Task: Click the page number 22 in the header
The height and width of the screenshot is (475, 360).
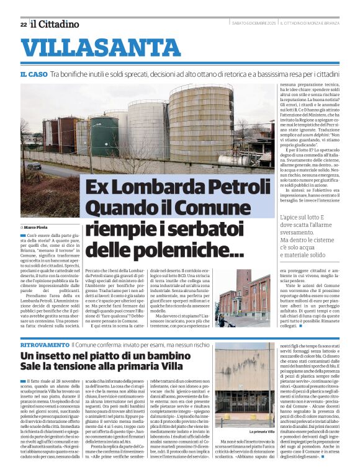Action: (x=23, y=25)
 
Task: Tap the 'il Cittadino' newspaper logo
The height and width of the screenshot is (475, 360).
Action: (x=55, y=24)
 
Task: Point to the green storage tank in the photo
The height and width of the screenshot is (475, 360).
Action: (x=104, y=136)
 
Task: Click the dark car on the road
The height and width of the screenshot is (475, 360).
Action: (x=34, y=166)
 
